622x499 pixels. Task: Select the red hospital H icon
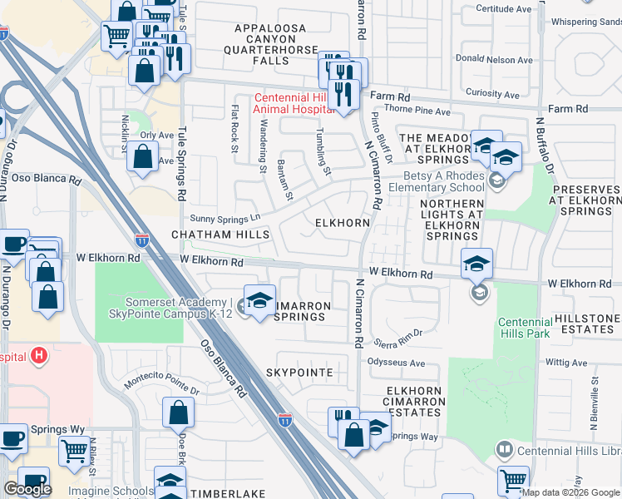click(37, 357)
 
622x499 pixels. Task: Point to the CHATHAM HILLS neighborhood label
click(221, 235)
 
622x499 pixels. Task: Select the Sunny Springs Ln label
click(226, 219)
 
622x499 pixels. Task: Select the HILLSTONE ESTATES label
click(585, 324)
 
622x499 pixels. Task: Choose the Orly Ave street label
click(156, 135)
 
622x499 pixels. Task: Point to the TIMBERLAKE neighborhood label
click(227, 493)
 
